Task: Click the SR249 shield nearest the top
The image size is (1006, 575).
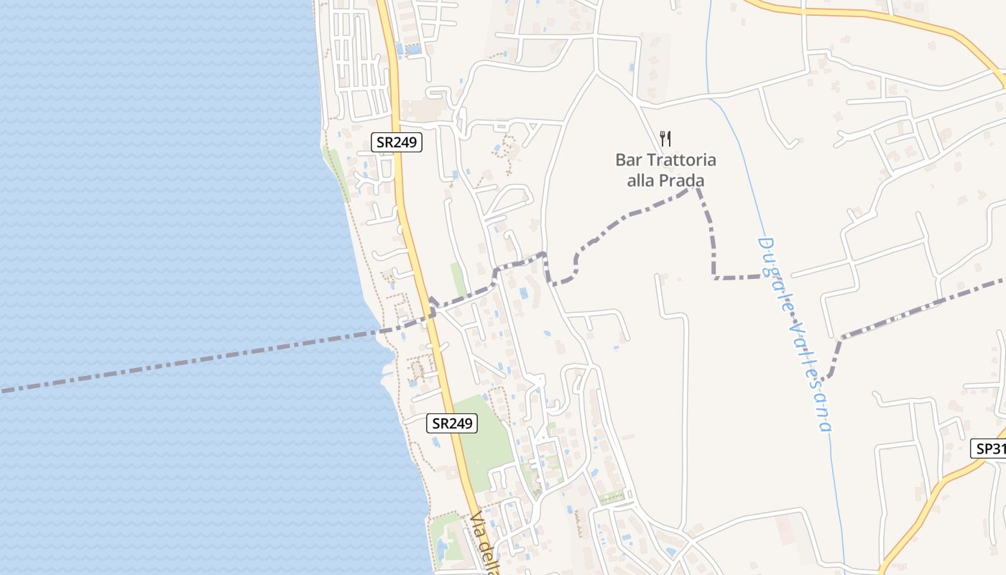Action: [x=397, y=142]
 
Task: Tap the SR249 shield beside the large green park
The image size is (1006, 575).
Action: [x=452, y=423]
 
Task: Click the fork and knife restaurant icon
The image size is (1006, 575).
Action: [x=665, y=138]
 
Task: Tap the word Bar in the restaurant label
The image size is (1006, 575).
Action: [x=627, y=160]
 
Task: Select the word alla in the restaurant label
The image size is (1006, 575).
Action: [x=640, y=180]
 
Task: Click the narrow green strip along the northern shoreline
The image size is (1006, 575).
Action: [x=337, y=172]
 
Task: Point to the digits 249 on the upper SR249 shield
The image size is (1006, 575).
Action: [x=405, y=142]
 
